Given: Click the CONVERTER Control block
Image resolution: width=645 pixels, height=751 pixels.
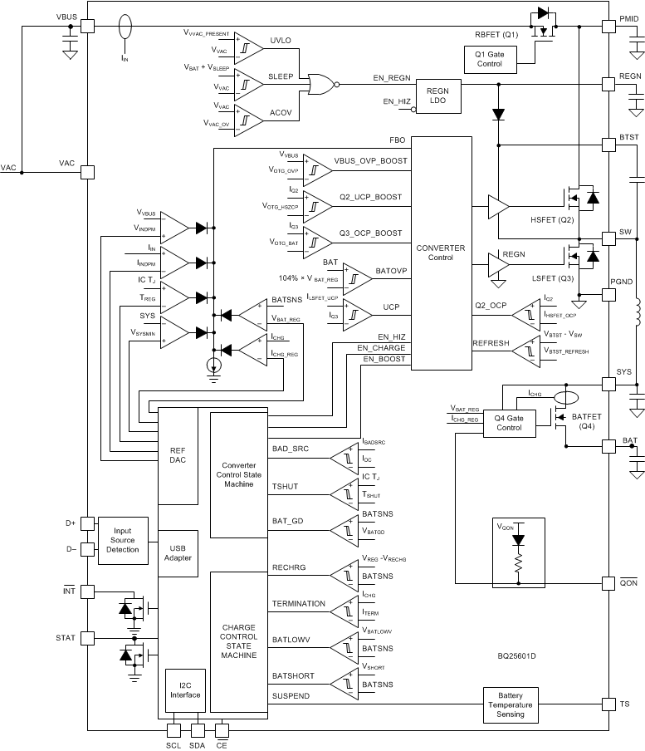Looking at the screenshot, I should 440,253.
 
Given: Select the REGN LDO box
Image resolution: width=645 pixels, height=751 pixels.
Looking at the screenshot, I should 437,96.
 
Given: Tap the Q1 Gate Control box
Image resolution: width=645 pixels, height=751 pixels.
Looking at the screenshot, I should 489,60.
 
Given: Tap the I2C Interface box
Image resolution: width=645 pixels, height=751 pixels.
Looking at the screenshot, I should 185,690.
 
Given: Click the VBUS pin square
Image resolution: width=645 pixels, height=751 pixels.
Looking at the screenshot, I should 87,27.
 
